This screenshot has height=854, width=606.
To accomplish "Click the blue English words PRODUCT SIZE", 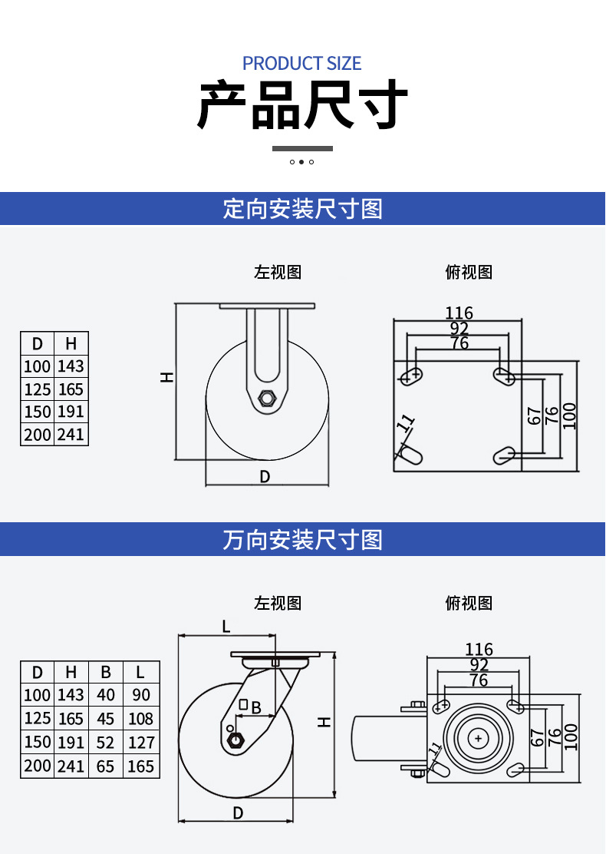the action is [302, 63].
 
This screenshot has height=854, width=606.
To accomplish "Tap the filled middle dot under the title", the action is [301, 162].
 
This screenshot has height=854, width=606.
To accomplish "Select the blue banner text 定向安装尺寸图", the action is [302, 209].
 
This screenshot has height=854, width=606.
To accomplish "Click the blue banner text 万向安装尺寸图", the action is [302, 540].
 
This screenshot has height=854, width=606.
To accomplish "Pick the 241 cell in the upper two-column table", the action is [71, 435].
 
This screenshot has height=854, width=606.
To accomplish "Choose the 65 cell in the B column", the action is [106, 766].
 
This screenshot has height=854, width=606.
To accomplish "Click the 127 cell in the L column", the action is [141, 743].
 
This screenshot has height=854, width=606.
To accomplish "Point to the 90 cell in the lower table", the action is [141, 695].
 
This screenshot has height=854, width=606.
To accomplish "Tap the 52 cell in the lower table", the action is [106, 743].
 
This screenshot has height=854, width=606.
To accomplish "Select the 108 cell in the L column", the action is [141, 719].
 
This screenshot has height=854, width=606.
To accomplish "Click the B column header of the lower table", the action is [106, 672].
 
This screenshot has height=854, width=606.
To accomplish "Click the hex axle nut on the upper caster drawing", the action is [266, 398].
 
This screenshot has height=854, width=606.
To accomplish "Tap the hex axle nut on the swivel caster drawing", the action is [236, 740].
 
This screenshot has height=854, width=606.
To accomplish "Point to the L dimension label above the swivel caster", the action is [226, 627].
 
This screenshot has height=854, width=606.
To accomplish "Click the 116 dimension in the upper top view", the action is [459, 313].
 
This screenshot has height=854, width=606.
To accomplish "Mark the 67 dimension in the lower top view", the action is [536, 737].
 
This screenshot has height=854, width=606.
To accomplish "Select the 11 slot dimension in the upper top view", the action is [406, 422].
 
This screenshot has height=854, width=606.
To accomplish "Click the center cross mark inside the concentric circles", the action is [479, 739].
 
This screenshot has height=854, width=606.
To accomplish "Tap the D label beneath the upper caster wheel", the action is [265, 477].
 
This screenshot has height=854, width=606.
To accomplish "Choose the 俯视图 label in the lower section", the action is [469, 603].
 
